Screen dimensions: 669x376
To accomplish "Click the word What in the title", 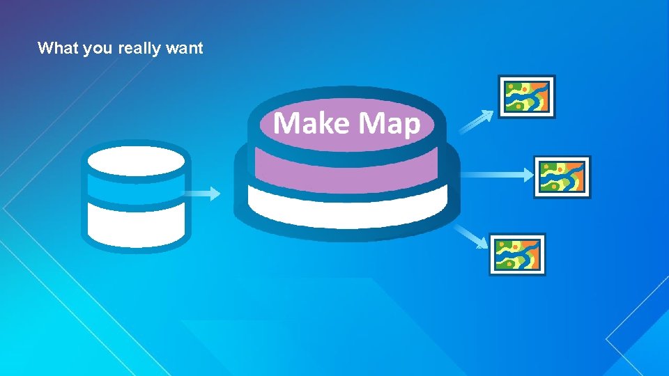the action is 58,48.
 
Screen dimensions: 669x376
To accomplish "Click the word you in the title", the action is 98,49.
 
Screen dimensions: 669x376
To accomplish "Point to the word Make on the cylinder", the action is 312,123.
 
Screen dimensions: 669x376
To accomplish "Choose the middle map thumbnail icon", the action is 562,177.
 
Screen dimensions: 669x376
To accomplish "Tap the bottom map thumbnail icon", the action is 517,254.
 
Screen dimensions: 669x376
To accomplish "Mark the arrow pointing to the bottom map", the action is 470,236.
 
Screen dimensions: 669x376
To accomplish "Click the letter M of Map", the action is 371,123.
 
